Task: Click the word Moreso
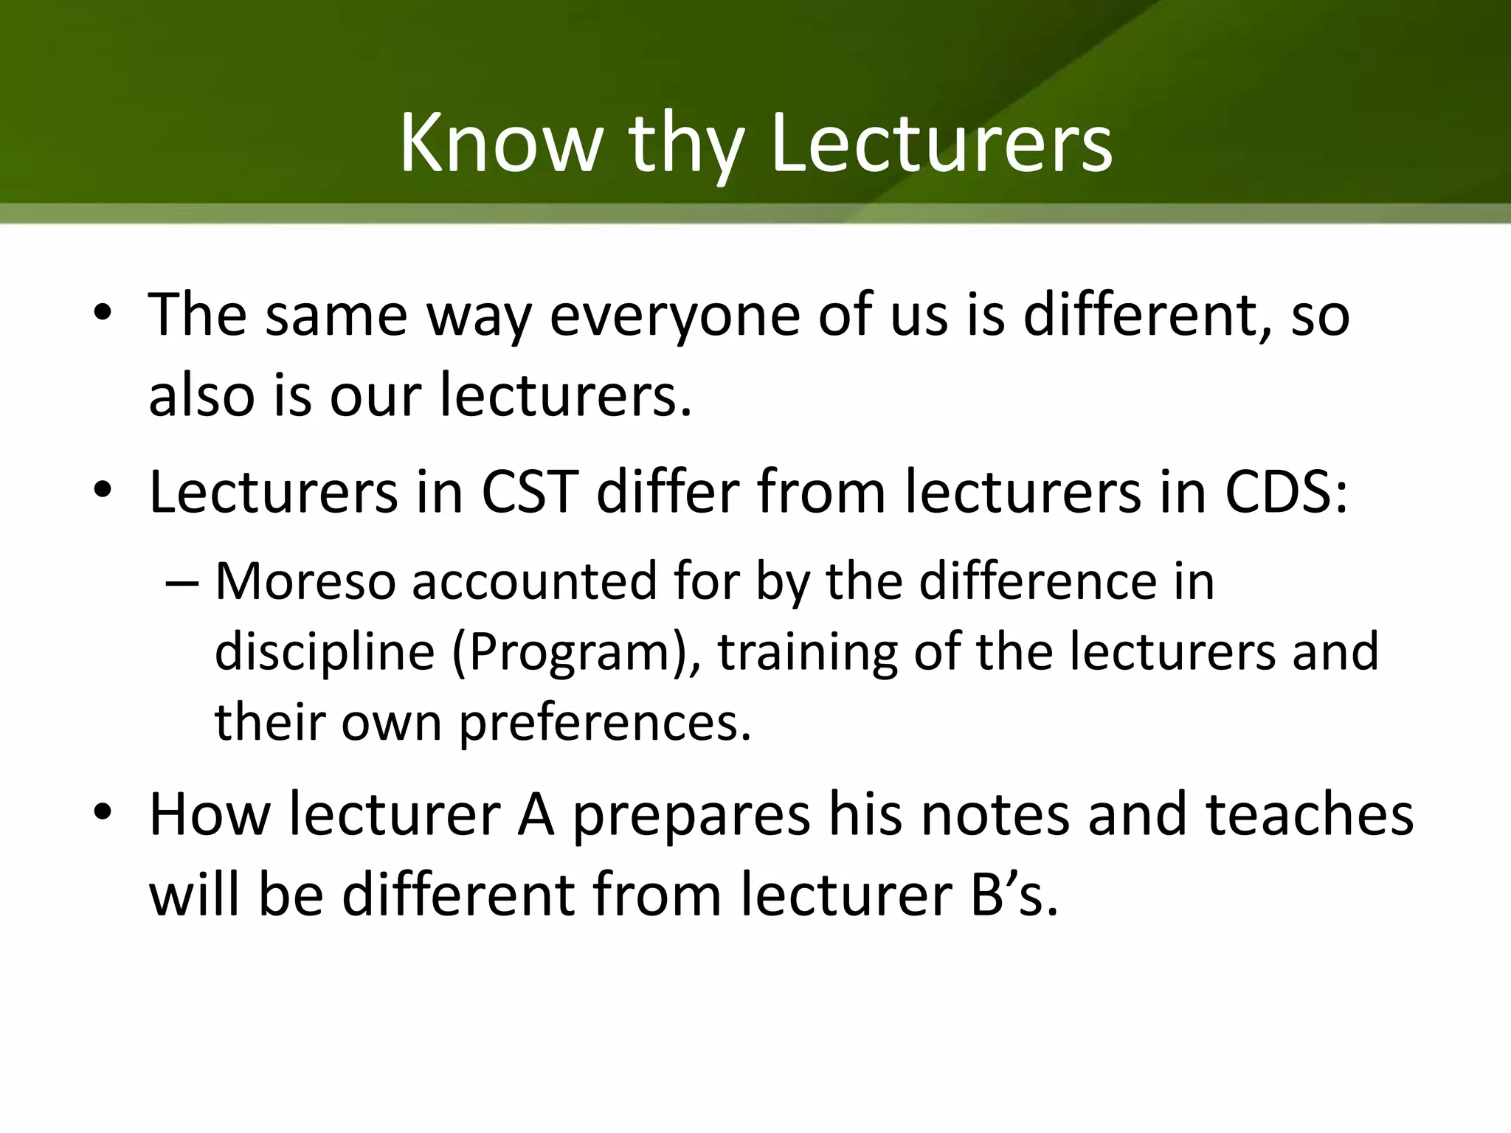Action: [305, 581]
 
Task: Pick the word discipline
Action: [325, 651]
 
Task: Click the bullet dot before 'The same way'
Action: [103, 313]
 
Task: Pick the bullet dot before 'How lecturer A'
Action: [103, 813]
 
